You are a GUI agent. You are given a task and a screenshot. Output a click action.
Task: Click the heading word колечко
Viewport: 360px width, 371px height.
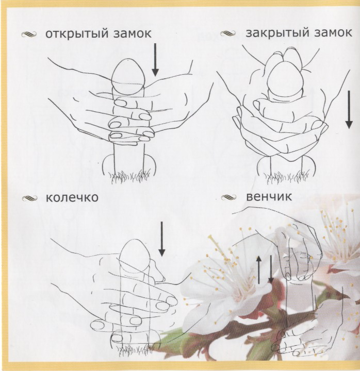tap(72, 197)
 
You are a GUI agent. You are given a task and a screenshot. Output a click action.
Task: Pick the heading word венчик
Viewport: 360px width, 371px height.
tap(269, 197)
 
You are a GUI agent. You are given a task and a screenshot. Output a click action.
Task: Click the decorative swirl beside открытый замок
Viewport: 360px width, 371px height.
tap(29, 35)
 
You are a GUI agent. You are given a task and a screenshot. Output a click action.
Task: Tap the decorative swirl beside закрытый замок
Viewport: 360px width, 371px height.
tap(228, 34)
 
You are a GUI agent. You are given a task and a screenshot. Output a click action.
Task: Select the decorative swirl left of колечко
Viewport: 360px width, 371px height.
tap(29, 198)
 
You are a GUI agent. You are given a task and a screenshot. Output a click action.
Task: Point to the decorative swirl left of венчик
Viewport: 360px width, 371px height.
tap(229, 197)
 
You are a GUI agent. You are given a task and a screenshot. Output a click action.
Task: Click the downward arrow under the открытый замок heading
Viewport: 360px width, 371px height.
tap(155, 60)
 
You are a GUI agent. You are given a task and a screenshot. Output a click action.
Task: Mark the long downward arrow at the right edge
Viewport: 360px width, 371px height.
tap(349, 110)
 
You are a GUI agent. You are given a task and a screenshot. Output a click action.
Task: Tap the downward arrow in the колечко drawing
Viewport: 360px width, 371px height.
tap(162, 239)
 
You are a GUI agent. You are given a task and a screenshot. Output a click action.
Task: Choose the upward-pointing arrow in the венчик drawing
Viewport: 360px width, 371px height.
tap(259, 269)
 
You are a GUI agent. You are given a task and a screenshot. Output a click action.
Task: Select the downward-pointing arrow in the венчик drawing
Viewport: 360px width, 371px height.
tap(270, 269)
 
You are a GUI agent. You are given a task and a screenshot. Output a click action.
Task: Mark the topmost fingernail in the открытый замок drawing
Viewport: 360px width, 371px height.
tap(121, 103)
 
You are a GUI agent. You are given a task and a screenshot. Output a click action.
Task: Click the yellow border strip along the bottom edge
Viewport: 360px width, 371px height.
tap(180, 366)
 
